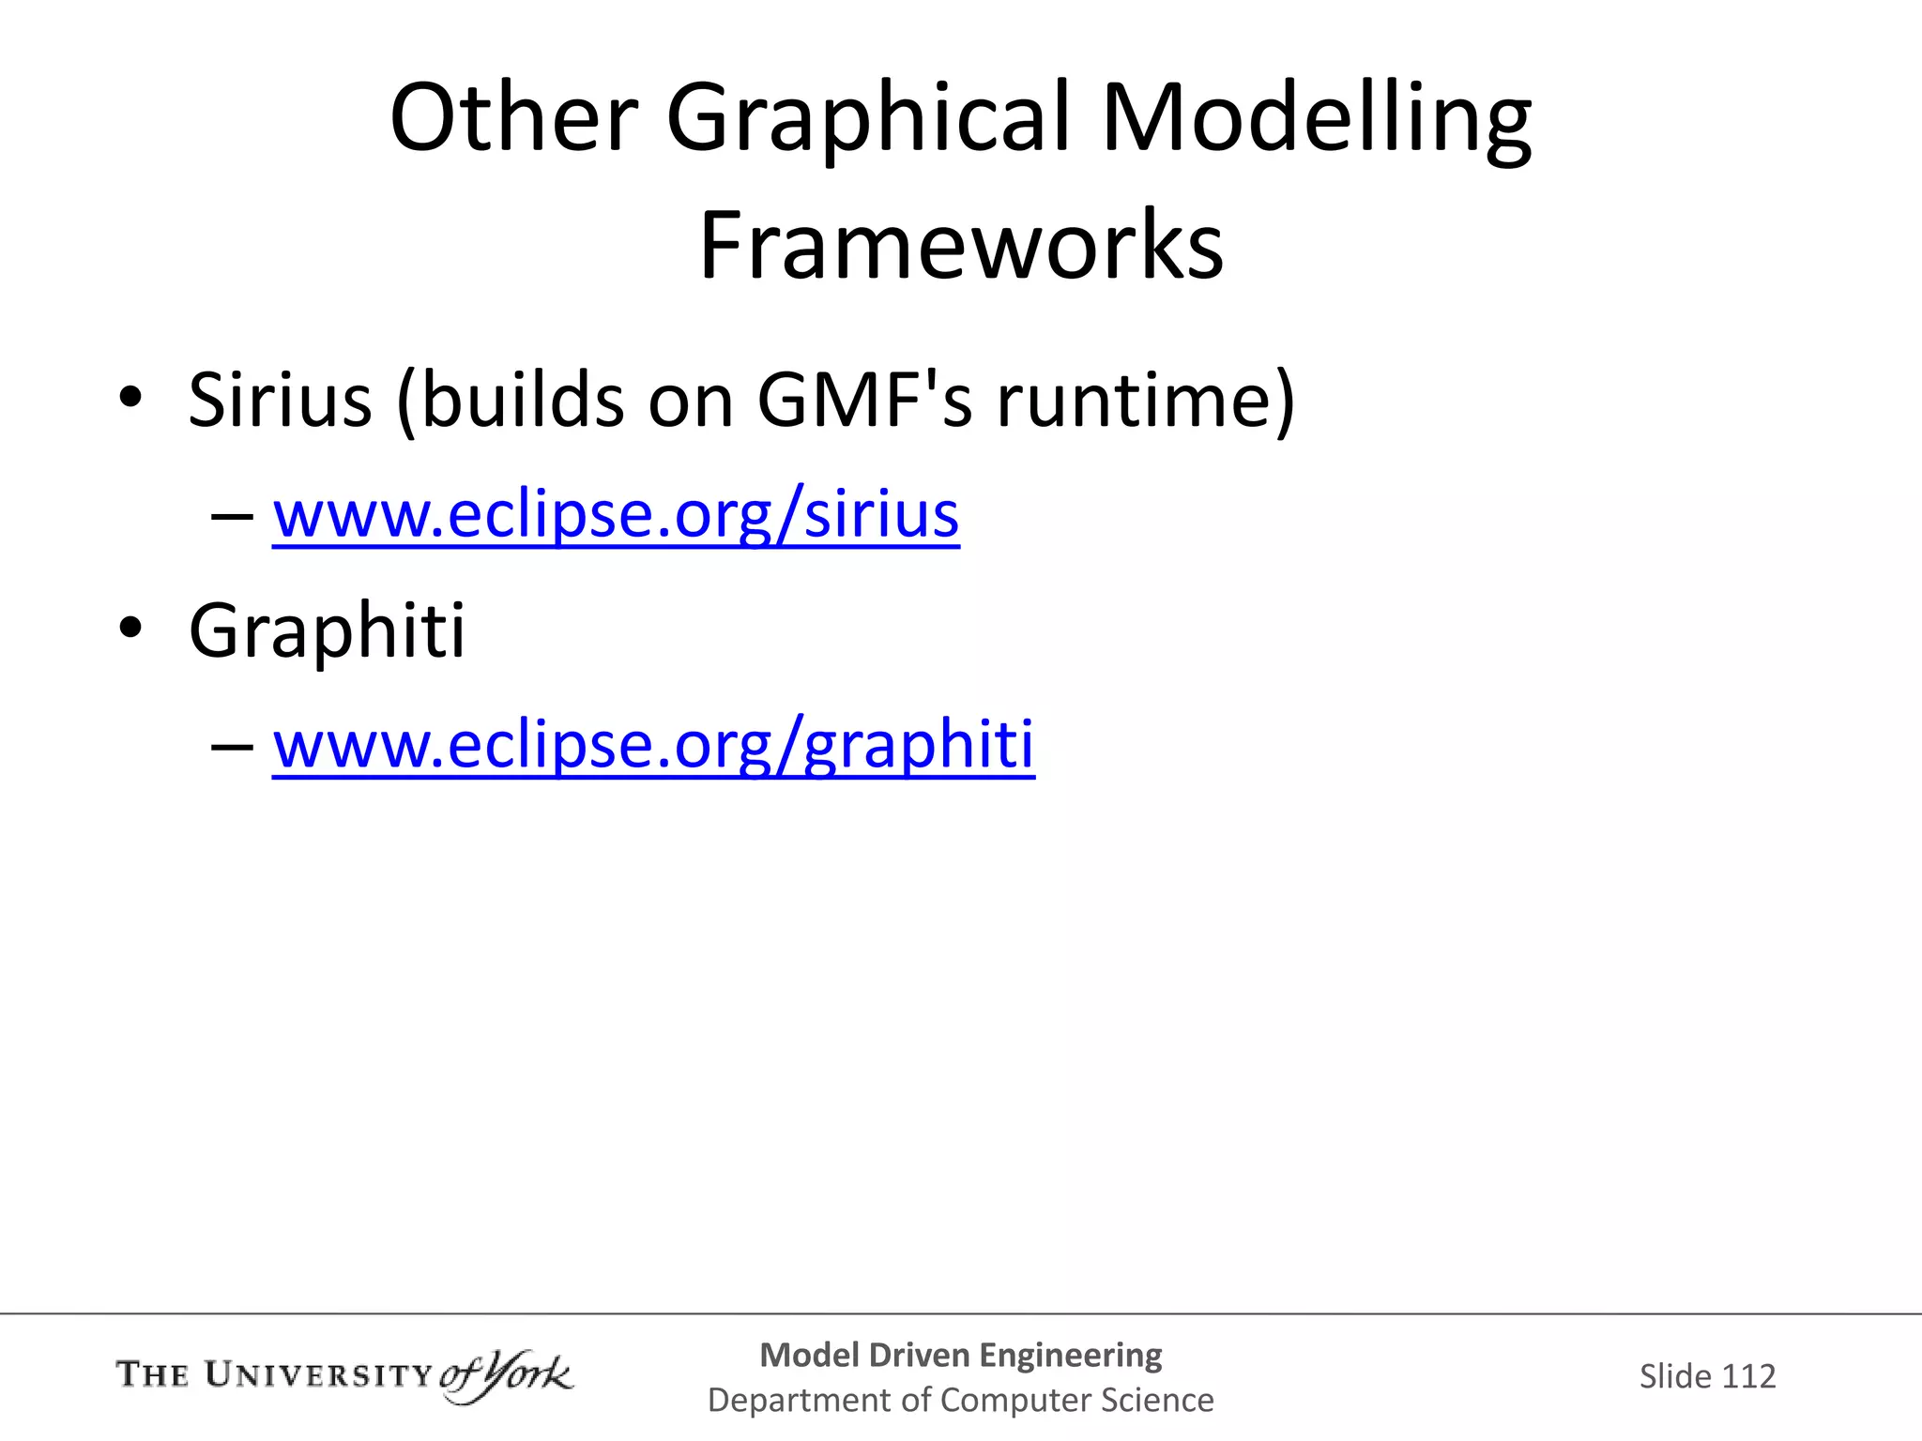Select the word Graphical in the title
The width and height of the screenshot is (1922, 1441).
(868, 120)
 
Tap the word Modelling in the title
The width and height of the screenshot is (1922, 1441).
(1316, 120)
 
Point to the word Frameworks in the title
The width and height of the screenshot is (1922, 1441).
(961, 246)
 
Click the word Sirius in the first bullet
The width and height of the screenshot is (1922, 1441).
(280, 401)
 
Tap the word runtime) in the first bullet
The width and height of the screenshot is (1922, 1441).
(1145, 401)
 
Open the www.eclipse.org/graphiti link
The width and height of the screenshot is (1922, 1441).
(653, 744)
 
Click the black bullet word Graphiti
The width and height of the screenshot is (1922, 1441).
(327, 630)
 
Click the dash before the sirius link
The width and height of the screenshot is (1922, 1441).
(232, 517)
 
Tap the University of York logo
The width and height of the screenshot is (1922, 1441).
(343, 1376)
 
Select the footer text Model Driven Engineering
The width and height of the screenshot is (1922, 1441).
(960, 1355)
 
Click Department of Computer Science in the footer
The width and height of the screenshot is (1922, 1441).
(960, 1400)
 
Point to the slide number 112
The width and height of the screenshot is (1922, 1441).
(1748, 1376)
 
